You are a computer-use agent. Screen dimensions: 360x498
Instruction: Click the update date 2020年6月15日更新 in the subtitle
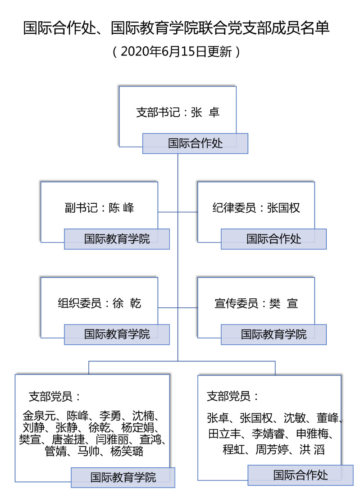point(176,51)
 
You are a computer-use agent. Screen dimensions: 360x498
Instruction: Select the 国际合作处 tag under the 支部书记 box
point(195,144)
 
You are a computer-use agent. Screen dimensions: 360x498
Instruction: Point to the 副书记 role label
point(81,208)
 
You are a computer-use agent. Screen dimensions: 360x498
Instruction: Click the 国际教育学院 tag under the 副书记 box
point(117,239)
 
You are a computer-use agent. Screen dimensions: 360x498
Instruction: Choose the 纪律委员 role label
point(234,208)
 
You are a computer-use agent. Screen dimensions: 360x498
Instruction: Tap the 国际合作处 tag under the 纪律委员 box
point(273,239)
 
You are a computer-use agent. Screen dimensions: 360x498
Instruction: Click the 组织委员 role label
point(79,303)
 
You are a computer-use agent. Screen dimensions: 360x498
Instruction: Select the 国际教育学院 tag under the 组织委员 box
point(117,334)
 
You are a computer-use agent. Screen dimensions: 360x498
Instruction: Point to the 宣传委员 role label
point(236,303)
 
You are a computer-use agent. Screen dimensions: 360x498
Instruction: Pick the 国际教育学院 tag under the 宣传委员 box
point(273,334)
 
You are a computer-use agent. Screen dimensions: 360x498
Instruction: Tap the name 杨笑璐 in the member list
point(127,451)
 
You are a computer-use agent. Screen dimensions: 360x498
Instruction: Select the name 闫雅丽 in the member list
point(112,439)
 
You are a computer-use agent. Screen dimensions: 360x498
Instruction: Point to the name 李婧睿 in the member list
point(268,434)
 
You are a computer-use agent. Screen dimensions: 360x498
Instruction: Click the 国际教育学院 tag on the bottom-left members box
point(123,477)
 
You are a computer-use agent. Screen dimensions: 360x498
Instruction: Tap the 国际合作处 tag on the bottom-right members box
point(301,475)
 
